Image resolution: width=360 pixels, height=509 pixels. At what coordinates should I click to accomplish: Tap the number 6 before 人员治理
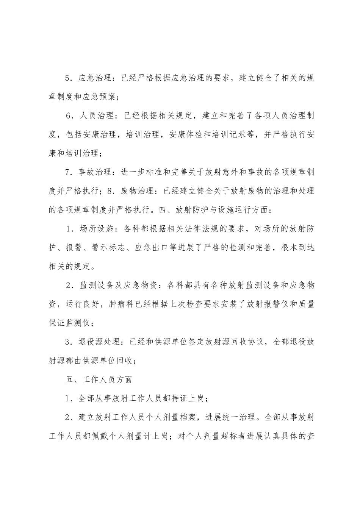[68, 116]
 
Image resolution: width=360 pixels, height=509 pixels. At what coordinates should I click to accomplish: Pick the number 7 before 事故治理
[68, 172]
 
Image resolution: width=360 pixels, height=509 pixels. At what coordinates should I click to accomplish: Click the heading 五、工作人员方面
[98, 379]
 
